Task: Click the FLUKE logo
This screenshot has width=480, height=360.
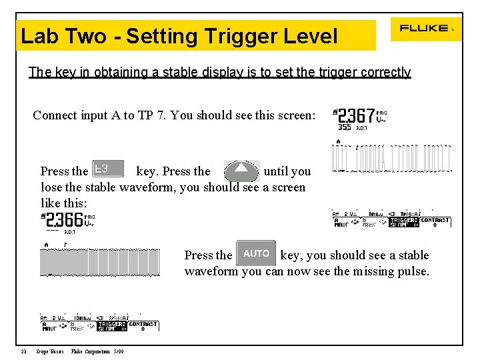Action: point(424,29)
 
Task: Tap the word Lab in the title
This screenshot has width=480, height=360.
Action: point(37,36)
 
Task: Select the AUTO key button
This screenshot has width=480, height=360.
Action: point(256,254)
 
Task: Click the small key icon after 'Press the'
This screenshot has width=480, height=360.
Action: point(107,169)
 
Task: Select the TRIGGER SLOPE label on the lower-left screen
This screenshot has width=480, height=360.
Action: point(112,326)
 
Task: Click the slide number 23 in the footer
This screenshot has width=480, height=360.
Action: point(23,351)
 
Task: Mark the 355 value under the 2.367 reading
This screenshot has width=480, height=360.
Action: point(345,127)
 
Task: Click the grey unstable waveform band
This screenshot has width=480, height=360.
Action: point(99,263)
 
